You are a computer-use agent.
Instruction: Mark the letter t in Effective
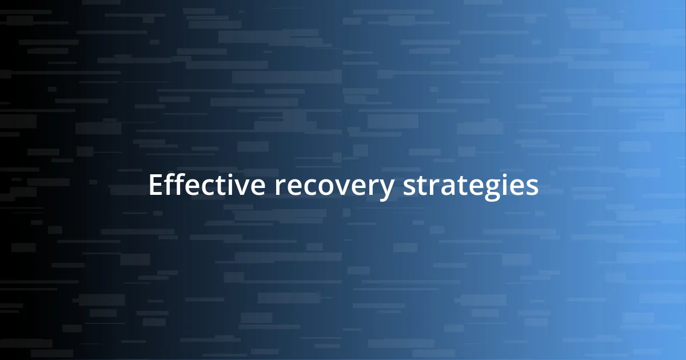pos(219,186)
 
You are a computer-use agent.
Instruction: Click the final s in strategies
pos(532,187)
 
